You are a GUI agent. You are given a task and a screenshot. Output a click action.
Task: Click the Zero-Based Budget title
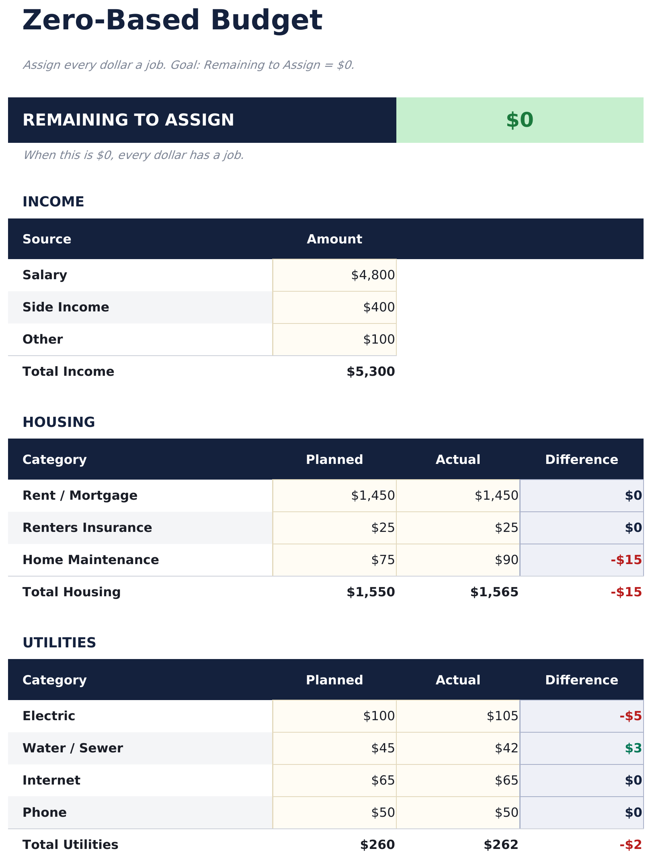click(x=172, y=21)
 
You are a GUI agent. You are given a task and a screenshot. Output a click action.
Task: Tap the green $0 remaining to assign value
click(x=519, y=120)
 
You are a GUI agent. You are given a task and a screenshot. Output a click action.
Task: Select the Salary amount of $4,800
click(x=373, y=275)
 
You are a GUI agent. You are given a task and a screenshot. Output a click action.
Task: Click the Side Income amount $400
click(x=379, y=307)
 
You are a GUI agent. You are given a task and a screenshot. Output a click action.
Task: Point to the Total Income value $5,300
click(x=371, y=372)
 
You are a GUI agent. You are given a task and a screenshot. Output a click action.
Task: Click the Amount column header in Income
click(x=334, y=239)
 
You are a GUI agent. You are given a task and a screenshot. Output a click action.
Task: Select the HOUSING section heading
click(x=59, y=422)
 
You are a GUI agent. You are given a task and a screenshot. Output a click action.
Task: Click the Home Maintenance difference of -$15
click(x=626, y=560)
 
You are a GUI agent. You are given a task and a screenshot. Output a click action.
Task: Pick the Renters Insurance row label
click(x=87, y=528)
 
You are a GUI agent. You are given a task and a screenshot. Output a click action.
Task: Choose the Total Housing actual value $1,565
click(x=494, y=592)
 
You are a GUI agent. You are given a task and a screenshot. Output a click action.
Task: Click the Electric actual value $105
click(x=502, y=716)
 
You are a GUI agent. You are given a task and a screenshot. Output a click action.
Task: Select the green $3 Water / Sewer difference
click(x=633, y=748)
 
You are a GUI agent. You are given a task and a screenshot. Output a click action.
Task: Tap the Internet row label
click(x=51, y=781)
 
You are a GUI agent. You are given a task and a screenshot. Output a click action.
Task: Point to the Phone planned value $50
click(x=383, y=813)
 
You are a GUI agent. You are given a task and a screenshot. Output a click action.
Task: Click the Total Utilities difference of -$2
click(x=630, y=845)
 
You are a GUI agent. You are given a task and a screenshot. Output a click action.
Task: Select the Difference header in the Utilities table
click(x=581, y=680)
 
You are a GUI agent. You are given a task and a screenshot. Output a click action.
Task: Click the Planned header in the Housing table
click(x=334, y=460)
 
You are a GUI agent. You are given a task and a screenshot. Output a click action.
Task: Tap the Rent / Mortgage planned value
click(x=373, y=496)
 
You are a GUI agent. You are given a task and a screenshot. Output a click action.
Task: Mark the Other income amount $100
click(x=379, y=340)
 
